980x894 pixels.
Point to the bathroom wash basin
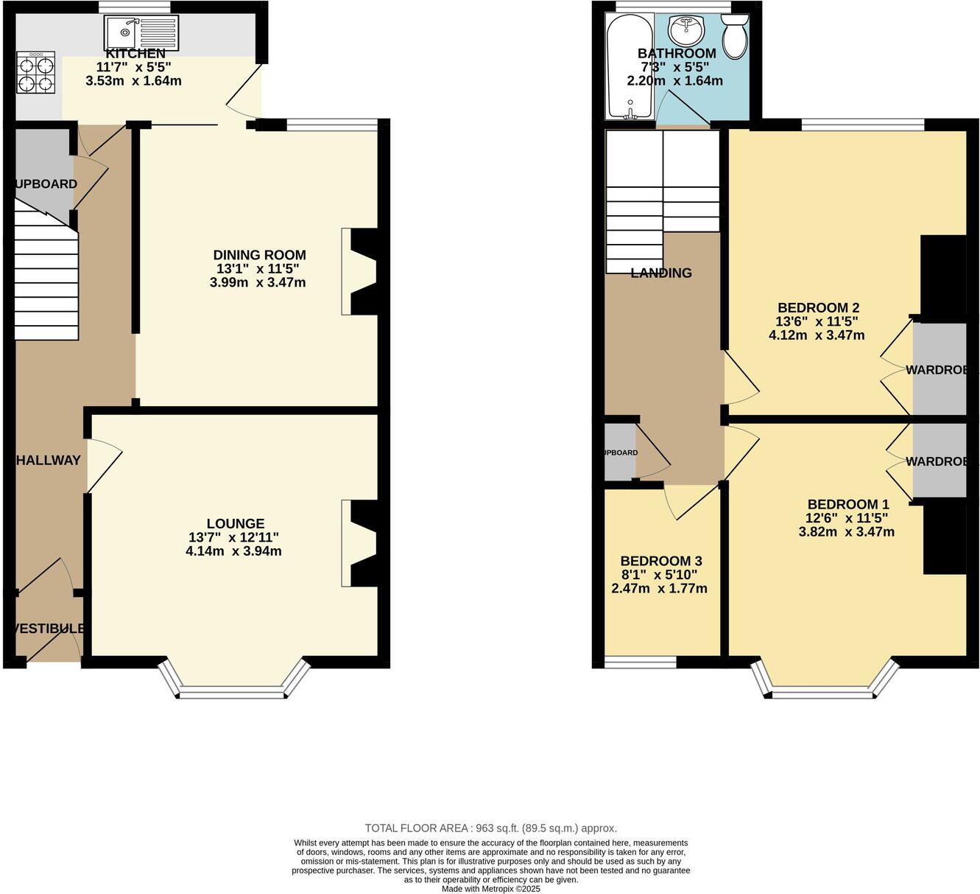(x=686, y=32)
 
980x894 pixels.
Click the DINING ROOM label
(x=259, y=255)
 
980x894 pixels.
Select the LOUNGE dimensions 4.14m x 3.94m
(x=233, y=551)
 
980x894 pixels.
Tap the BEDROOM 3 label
(x=655, y=561)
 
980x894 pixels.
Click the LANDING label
(x=661, y=273)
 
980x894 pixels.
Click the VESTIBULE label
(x=49, y=629)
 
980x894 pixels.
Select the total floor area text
(x=490, y=828)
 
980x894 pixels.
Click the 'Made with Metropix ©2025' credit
(x=490, y=889)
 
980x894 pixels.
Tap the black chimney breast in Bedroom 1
(x=944, y=537)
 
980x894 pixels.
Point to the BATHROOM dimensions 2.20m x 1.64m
(x=674, y=81)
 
